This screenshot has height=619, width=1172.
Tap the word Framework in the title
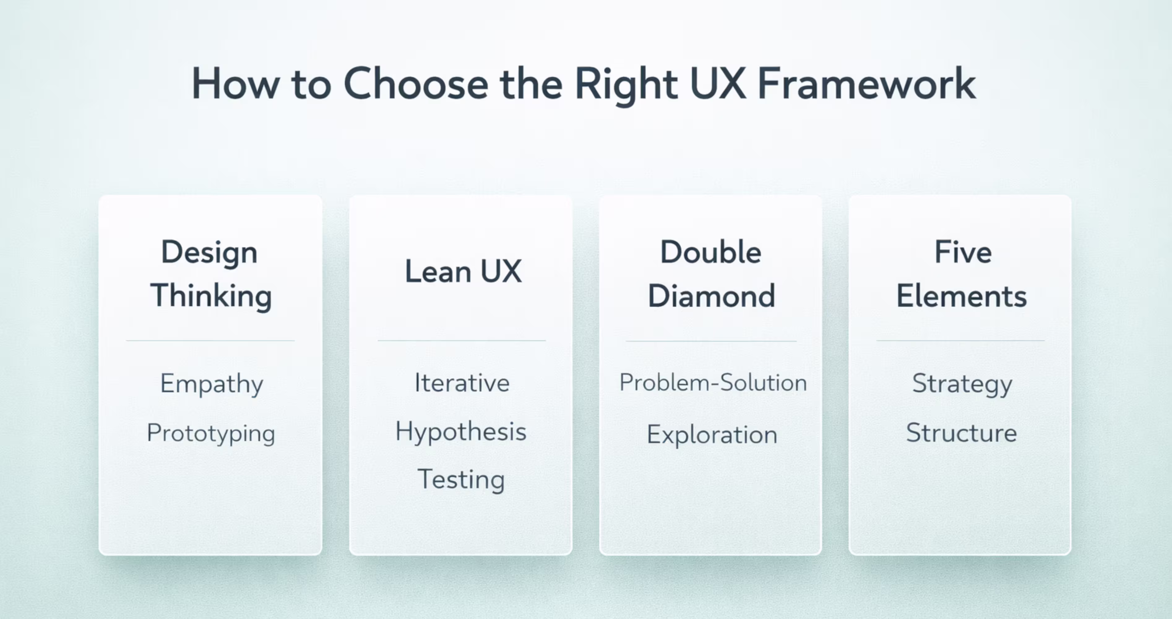pyautogui.click(x=867, y=84)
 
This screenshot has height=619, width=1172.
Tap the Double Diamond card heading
pyautogui.click(x=711, y=274)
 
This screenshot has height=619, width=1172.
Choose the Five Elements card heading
pyautogui.click(x=961, y=274)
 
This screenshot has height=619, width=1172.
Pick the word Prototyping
pyautogui.click(x=211, y=433)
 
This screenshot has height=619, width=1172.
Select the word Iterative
pyautogui.click(x=462, y=383)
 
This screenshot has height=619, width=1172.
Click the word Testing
pyautogui.click(x=461, y=480)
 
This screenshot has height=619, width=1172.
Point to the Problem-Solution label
pyautogui.click(x=713, y=382)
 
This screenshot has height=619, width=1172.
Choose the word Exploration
pyautogui.click(x=712, y=435)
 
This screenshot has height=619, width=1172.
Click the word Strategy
pyautogui.click(x=962, y=384)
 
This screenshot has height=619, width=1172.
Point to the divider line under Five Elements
pyautogui.click(x=960, y=340)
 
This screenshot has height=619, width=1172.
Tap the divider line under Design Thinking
pyautogui.click(x=210, y=340)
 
